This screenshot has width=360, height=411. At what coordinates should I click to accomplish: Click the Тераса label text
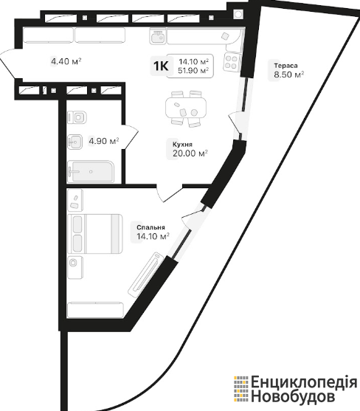pyautogui.click(x=285, y=66)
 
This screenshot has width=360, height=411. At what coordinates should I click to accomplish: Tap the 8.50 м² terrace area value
pyautogui.click(x=289, y=75)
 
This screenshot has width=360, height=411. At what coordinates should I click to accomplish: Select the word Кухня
pyautogui.click(x=182, y=145)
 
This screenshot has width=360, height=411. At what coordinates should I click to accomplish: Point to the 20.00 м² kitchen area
pyautogui.click(x=190, y=153)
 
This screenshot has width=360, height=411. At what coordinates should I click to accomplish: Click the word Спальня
pyautogui.click(x=150, y=227)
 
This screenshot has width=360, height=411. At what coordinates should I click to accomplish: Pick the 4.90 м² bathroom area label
pyautogui.click(x=104, y=141)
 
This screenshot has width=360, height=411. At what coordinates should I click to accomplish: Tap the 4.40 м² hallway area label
pyautogui.click(x=66, y=61)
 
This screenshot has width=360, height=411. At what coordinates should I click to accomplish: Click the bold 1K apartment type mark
pyautogui.click(x=161, y=66)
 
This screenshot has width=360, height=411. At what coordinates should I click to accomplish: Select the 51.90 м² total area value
pyautogui.click(x=193, y=70)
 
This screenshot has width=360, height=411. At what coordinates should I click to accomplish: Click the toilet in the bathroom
pyautogui.click(x=77, y=117)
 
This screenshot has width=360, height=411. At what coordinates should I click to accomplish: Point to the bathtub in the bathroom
pyautogui.click(x=91, y=172)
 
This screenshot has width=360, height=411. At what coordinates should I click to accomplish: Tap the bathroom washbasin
pyautogui.click(x=75, y=142)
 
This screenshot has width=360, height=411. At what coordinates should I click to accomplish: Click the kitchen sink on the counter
pyautogui.click(x=158, y=36)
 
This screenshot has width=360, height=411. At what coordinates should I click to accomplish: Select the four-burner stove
pyautogui.click(x=232, y=62)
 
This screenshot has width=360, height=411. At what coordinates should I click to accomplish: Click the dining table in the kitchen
pyautogui.click(x=186, y=108)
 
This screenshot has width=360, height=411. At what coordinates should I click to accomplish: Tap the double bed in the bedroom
pyautogui.click(x=95, y=234)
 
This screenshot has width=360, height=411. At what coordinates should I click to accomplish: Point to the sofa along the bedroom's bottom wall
pyautogui.click(x=95, y=310)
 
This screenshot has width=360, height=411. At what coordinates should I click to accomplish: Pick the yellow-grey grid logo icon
pyautogui.click(x=240, y=390)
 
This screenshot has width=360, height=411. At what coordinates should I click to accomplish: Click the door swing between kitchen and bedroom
pyautogui.click(x=169, y=193)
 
